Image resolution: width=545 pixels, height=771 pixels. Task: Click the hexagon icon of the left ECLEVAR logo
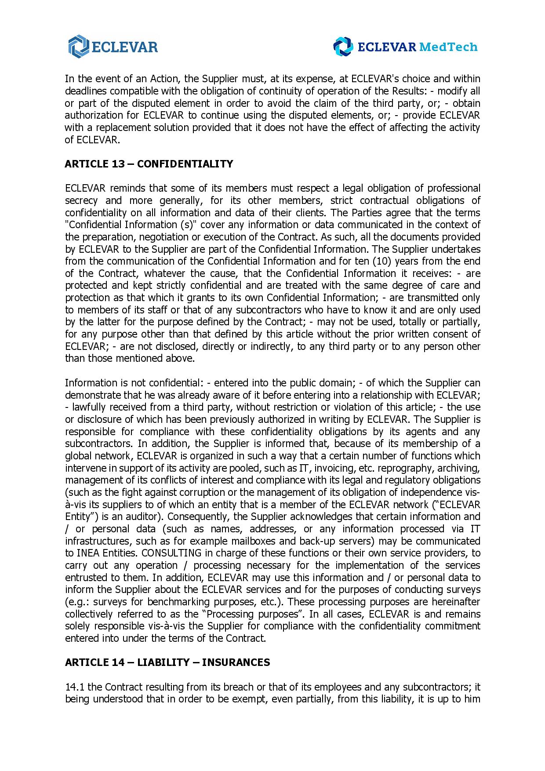pyautogui.click(x=78, y=47)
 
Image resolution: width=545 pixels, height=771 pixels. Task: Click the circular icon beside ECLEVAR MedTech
pyautogui.click(x=343, y=47)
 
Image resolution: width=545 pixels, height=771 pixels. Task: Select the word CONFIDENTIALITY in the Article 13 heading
pyautogui.click(x=185, y=164)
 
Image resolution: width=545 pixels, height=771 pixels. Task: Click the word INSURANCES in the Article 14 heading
pyautogui.click(x=236, y=662)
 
